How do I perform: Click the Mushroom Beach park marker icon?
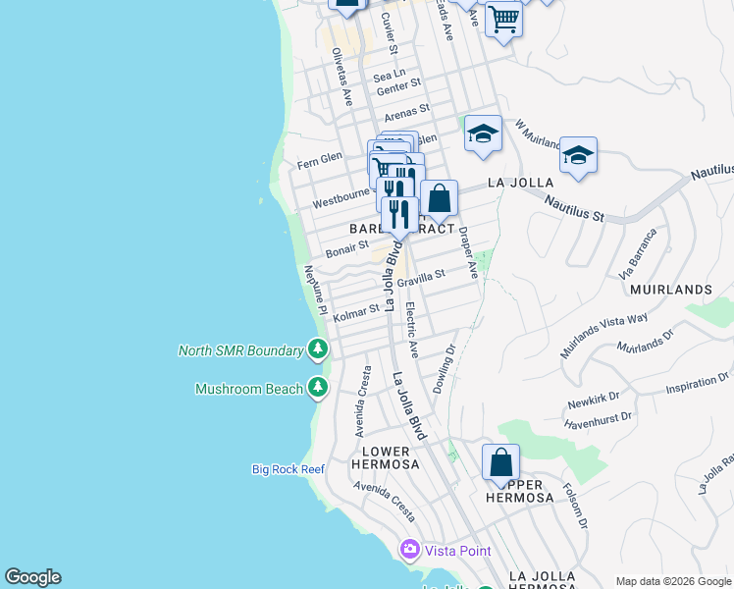point(317,388)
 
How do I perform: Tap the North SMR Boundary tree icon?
point(317,348)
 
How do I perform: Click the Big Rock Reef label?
point(288,469)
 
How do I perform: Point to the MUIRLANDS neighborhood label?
point(670,291)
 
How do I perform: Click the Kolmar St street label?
point(355,313)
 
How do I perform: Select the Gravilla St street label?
point(428,279)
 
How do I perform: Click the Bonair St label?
point(347,249)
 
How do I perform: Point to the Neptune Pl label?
point(315,290)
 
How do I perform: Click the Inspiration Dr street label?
point(697,382)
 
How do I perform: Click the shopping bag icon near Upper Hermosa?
point(500,461)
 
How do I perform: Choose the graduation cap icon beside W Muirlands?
point(578,155)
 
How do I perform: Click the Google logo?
point(32,577)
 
